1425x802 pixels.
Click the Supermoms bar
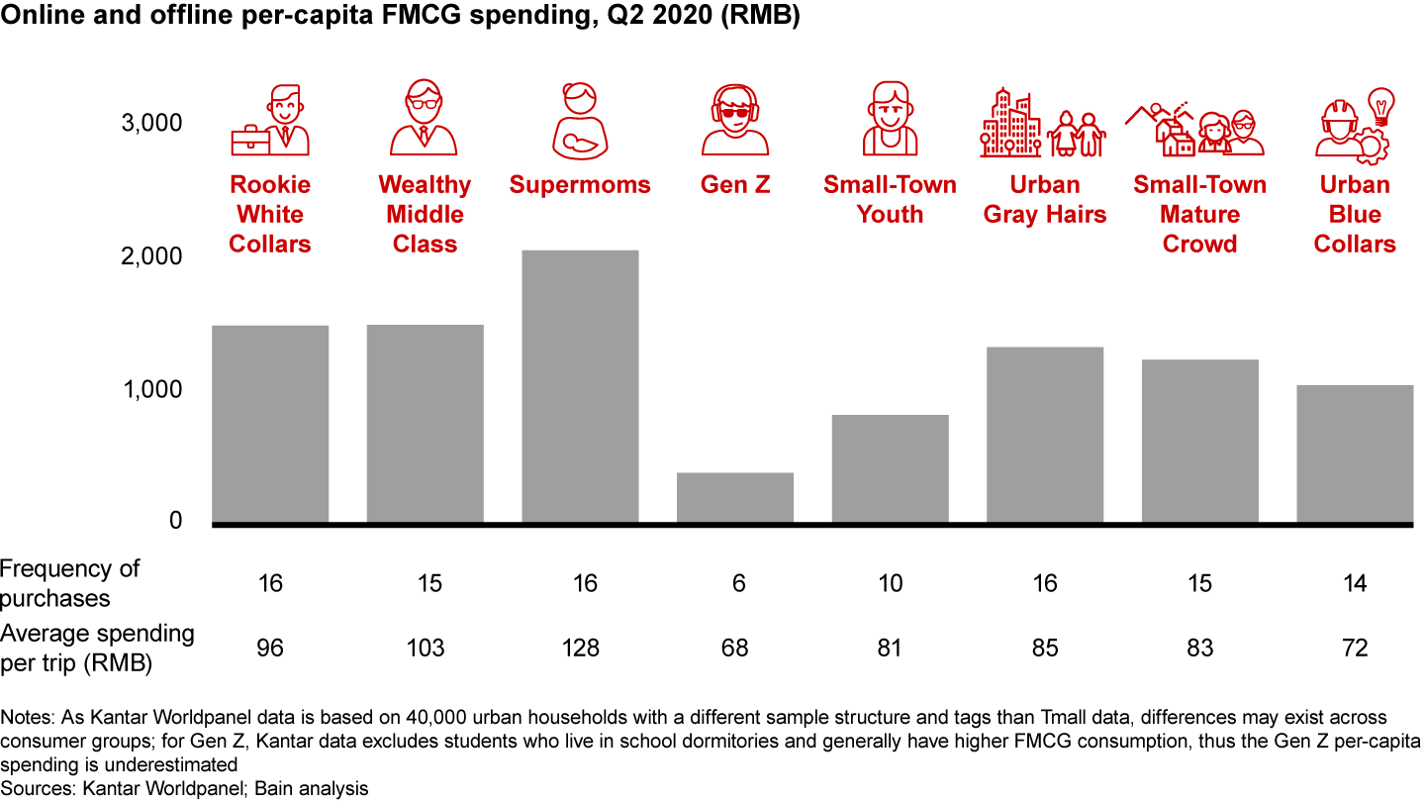click(x=580, y=386)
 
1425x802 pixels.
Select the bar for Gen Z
click(x=735, y=497)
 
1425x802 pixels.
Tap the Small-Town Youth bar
click(x=890, y=468)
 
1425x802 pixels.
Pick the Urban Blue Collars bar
click(x=1355, y=453)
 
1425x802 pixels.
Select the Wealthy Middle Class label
click(x=425, y=214)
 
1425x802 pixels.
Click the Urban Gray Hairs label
click(x=1045, y=200)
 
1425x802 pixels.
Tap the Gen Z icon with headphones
click(x=735, y=120)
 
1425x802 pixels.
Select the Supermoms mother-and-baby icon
click(x=580, y=120)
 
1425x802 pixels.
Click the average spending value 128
click(x=580, y=649)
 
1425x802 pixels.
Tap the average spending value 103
click(x=425, y=649)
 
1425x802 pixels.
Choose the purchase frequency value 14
click(x=1355, y=584)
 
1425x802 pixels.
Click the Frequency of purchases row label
click(x=69, y=583)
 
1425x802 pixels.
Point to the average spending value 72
click(x=1355, y=649)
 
